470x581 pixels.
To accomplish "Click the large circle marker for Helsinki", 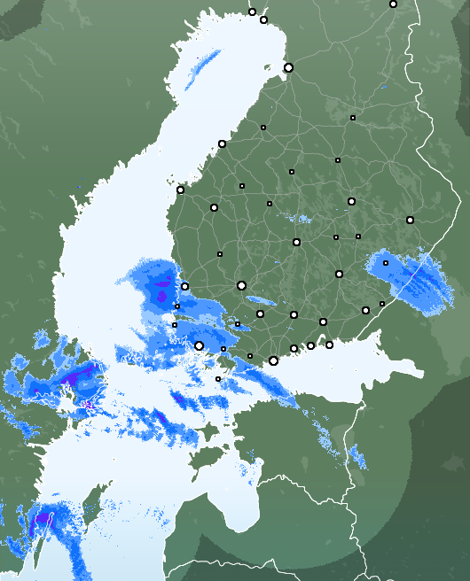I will [x=273, y=360].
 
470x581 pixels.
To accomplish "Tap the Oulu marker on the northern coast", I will [x=288, y=67].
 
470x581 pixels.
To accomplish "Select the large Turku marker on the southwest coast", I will [x=200, y=345].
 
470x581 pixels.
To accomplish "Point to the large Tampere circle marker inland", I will [x=241, y=285].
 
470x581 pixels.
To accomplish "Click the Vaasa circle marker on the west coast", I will [x=180, y=190].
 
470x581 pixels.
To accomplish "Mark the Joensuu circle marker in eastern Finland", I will [x=410, y=220].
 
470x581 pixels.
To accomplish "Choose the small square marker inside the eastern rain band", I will [x=386, y=263].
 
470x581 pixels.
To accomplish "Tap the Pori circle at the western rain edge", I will [x=184, y=286].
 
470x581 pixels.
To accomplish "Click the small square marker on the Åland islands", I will [x=218, y=379].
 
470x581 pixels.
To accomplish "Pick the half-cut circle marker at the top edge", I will [x=393, y=4].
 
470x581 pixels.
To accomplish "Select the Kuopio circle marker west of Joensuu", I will [x=351, y=201].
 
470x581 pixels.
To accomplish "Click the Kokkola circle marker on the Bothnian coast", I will [x=222, y=143].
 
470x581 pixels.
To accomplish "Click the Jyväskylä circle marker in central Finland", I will [x=296, y=242].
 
